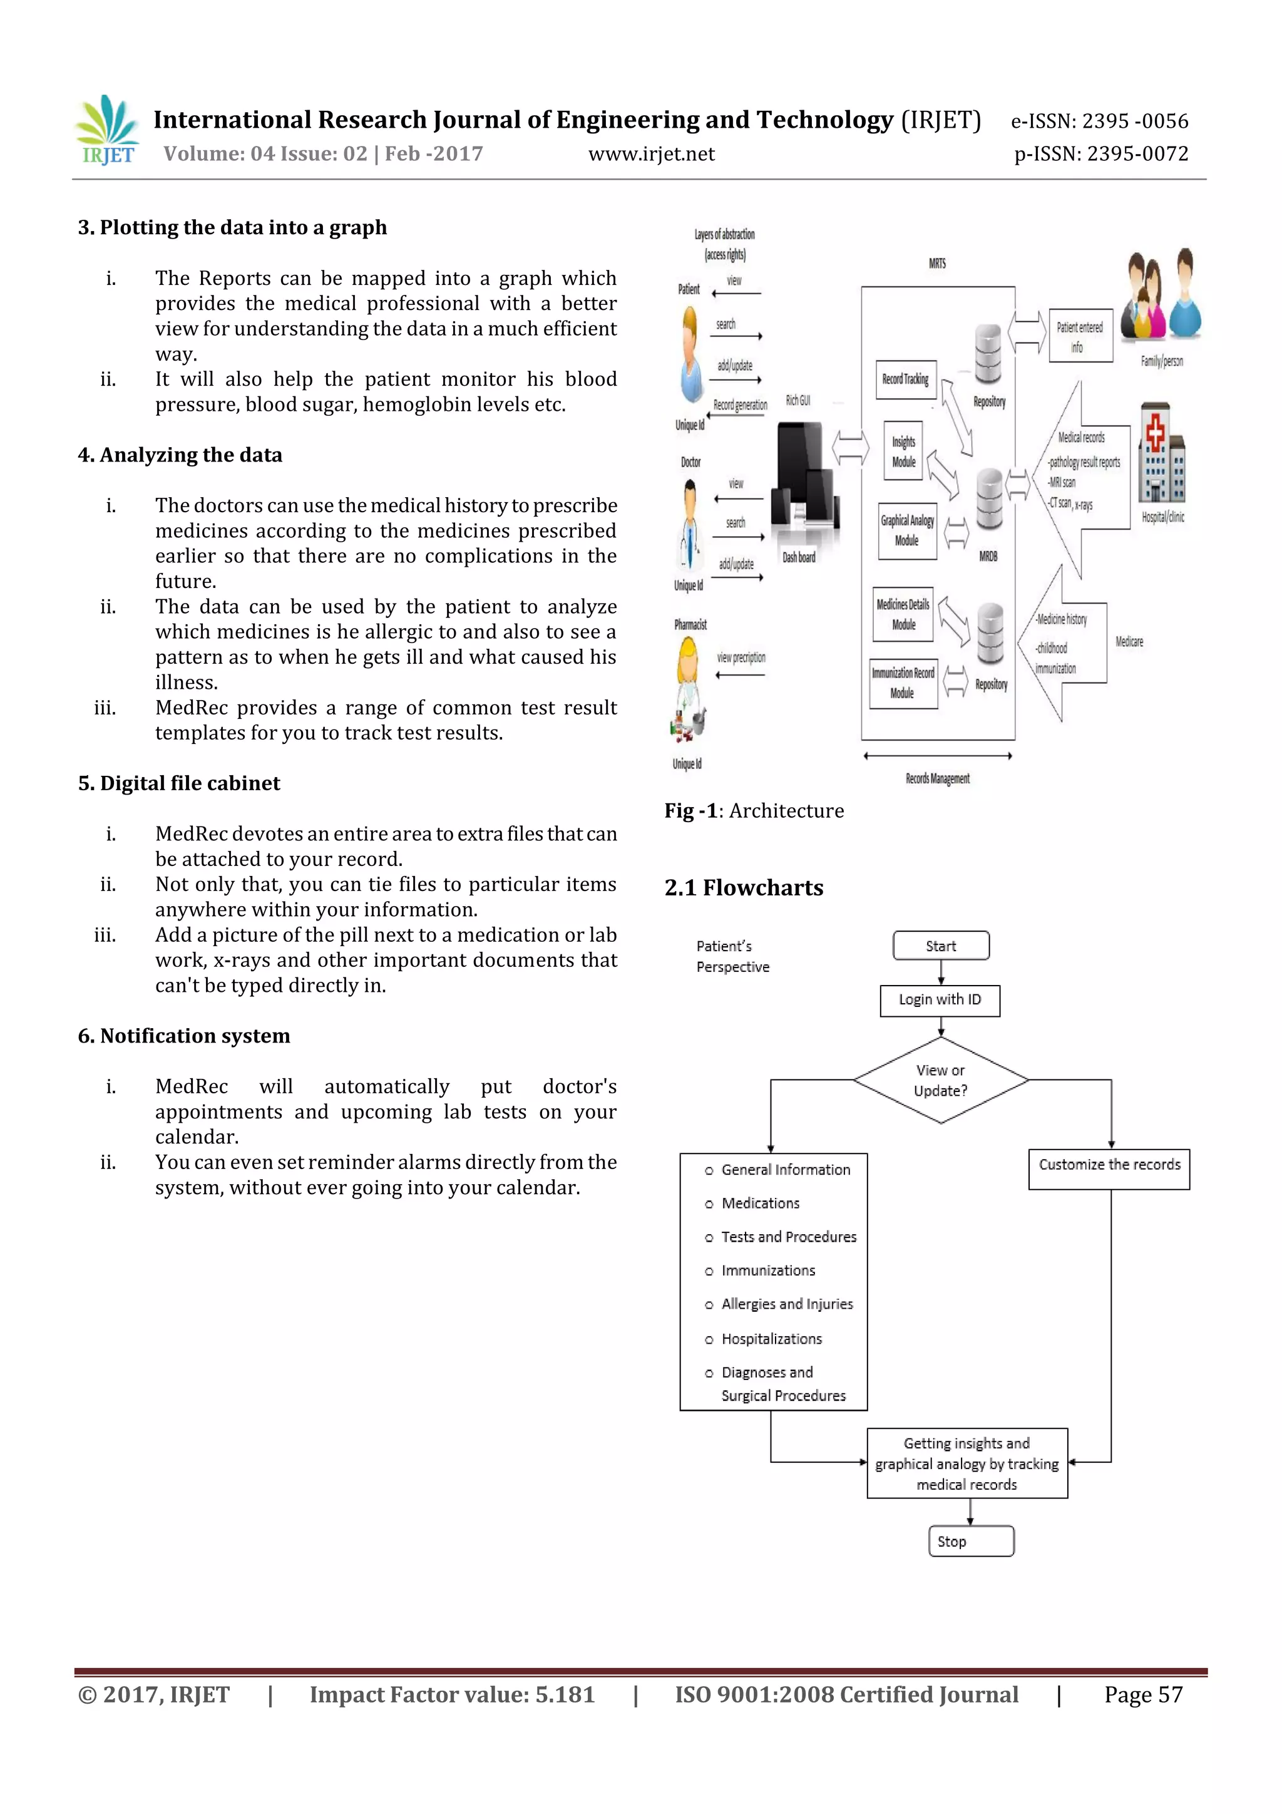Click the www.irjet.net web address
[x=651, y=154]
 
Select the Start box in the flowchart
[x=940, y=946]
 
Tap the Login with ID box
[x=940, y=1000]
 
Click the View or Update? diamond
[x=940, y=1080]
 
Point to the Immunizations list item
[x=768, y=1270]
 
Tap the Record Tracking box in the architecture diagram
[x=905, y=380]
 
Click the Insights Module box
[x=903, y=451]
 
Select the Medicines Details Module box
[x=903, y=614]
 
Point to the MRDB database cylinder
[x=988, y=499]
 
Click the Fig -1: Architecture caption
[x=754, y=811]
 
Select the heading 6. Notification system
[x=184, y=1036]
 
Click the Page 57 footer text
[x=1142, y=1694]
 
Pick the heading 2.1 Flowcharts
[x=743, y=888]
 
